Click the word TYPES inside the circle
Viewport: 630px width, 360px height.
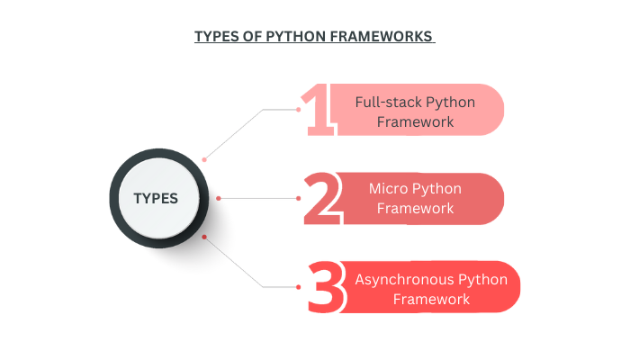[x=156, y=199]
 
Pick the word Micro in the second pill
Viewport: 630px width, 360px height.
[x=389, y=189]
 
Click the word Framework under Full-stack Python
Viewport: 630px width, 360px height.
[x=416, y=121]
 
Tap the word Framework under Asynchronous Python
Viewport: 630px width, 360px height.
[x=431, y=299]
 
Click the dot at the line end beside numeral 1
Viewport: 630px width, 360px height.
[x=298, y=109]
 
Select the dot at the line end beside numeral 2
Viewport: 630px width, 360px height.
[x=298, y=198]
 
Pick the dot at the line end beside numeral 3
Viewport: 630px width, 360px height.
[x=298, y=286]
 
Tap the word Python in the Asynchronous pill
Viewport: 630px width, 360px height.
[x=483, y=279]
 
